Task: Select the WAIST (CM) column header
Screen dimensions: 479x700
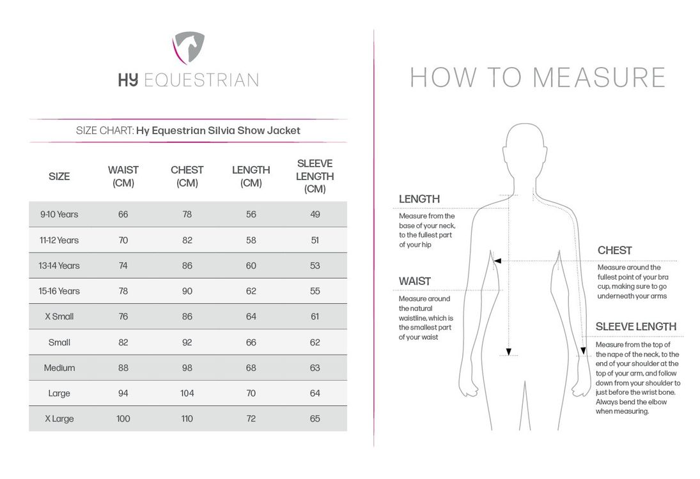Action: (x=123, y=176)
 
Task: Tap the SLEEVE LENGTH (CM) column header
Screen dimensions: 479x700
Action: (x=315, y=176)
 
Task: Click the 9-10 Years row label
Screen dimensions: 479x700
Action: (x=59, y=215)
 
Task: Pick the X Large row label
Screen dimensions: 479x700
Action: (x=59, y=419)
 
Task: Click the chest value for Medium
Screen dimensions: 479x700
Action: (x=187, y=368)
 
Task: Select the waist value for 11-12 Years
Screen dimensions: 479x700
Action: (x=123, y=240)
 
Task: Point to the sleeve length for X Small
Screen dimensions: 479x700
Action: (x=315, y=317)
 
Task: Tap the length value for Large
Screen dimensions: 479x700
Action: (x=251, y=393)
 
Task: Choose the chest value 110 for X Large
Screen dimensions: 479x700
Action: (x=187, y=419)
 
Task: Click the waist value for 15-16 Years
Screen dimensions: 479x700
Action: (x=123, y=291)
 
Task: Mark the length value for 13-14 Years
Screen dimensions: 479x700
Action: (x=251, y=266)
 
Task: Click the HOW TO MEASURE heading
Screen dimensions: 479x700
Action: (x=537, y=77)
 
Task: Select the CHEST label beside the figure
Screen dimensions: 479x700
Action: (x=614, y=250)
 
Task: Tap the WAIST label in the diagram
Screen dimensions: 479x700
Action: (x=415, y=281)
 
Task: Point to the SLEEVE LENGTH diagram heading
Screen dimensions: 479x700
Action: (x=635, y=327)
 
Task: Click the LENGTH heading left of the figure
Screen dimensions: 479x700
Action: (x=419, y=199)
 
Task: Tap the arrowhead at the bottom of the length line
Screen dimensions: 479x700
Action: (x=509, y=351)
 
